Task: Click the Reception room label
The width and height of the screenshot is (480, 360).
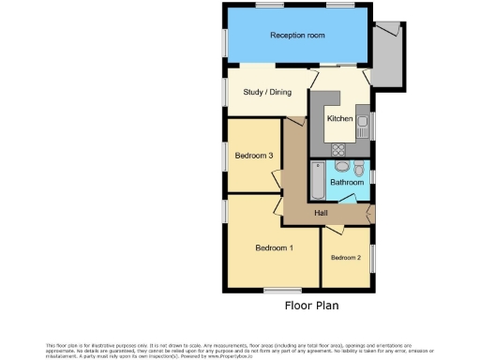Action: click(297, 36)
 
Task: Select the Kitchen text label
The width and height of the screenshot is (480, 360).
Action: click(339, 119)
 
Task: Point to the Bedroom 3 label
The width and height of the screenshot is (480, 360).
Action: click(253, 156)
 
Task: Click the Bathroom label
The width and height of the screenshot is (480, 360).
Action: click(347, 182)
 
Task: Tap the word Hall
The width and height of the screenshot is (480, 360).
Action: click(322, 215)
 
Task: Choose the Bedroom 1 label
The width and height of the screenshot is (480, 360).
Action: click(275, 247)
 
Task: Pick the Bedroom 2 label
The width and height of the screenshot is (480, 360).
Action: click(346, 257)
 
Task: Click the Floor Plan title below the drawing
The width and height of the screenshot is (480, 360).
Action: click(311, 305)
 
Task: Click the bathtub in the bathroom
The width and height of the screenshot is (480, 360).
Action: click(317, 181)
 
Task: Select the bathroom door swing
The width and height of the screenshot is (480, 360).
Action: click(353, 196)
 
